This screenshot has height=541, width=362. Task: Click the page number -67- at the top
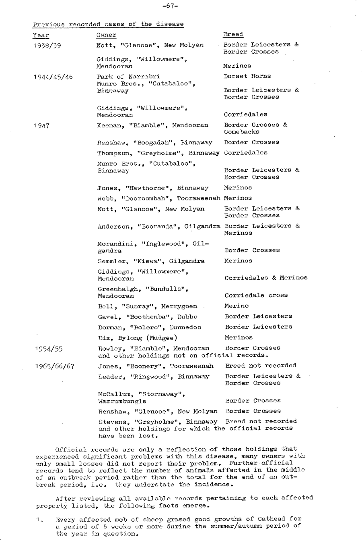[x=171, y=6]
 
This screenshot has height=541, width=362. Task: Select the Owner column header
[x=107, y=35]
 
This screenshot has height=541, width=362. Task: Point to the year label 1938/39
[x=47, y=45]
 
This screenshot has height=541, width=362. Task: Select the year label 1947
[x=42, y=125]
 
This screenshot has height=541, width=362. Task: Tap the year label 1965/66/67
[x=54, y=366]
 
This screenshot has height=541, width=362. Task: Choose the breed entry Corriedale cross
[x=256, y=295]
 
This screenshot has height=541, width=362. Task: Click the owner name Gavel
[x=105, y=316]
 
